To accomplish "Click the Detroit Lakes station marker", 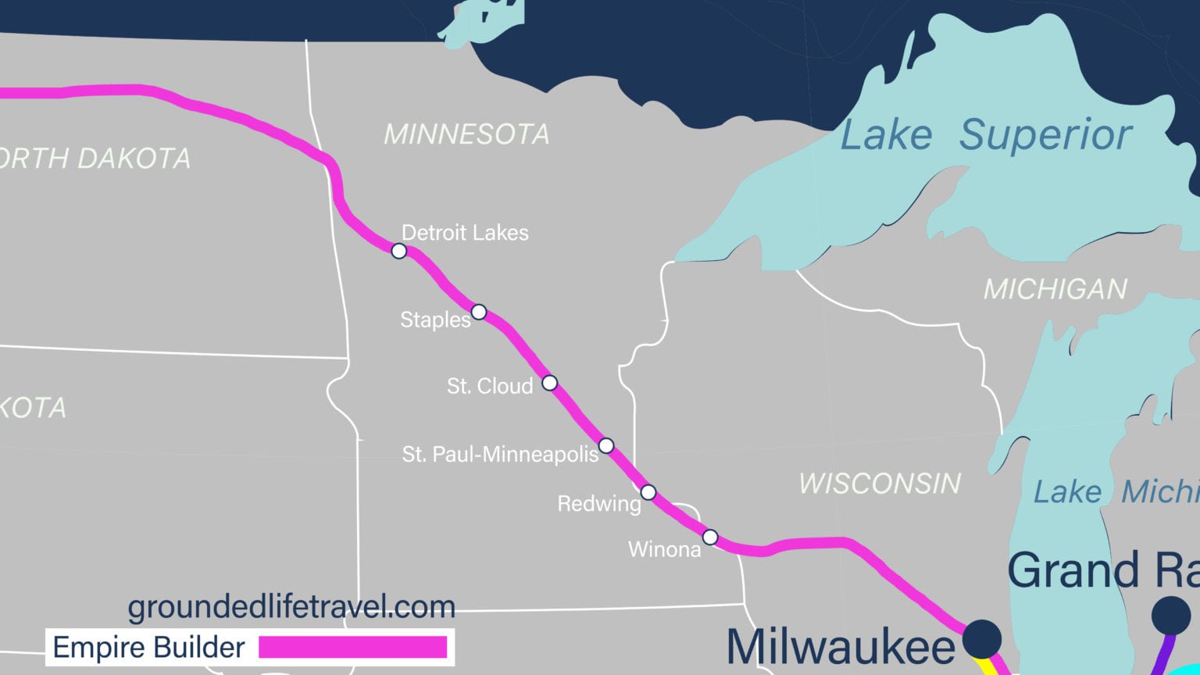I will point(399,251).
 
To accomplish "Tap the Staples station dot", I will point(479,312).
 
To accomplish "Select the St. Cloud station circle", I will point(550,383).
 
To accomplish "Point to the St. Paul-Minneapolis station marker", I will point(606,445).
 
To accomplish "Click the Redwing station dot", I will point(648,492).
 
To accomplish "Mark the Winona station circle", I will point(710,537).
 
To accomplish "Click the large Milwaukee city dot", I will point(981,638).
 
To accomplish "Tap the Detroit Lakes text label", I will point(465,233).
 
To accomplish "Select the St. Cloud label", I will point(490,386).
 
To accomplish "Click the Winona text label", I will point(665,550).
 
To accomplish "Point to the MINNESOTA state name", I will point(466,134).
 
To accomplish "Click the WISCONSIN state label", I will point(880,484).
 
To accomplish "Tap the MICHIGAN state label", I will point(1055,289).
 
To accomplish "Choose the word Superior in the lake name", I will point(1045,134).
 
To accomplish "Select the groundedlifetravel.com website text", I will point(291,606).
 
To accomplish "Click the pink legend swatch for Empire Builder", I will point(352,648).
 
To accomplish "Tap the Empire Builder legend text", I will point(148,648).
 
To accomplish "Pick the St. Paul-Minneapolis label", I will point(500,454).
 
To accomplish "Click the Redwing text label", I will point(598,504).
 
